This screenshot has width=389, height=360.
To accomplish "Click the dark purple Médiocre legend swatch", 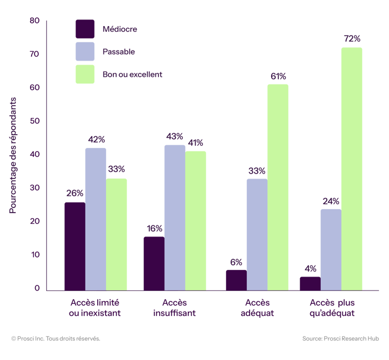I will [x=85, y=29].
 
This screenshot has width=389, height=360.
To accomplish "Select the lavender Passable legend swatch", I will [x=85, y=52].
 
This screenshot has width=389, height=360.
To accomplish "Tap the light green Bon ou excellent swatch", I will [x=85, y=74].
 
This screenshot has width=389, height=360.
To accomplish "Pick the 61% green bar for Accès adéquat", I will [x=278, y=187].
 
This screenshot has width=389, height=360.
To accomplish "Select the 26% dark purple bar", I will [x=75, y=246].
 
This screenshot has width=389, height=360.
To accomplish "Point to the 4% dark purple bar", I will [x=310, y=283].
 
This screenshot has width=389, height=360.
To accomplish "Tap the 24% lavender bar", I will [x=331, y=249].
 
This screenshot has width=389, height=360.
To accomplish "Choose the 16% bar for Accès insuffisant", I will [x=154, y=263].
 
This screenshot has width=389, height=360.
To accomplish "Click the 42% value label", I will [x=96, y=139].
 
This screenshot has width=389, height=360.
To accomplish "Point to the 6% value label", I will [x=236, y=262].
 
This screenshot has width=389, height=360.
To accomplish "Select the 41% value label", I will [x=196, y=142].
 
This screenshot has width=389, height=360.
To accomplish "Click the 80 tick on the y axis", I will [x=35, y=21].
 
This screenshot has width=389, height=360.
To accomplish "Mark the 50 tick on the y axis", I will [x=35, y=121].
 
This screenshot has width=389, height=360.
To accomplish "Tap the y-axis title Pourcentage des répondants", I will [x=13, y=155].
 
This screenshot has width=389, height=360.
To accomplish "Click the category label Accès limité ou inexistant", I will [x=95, y=307].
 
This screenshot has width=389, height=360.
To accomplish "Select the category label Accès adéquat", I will [x=258, y=307].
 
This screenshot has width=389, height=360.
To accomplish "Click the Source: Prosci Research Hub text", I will [x=340, y=338].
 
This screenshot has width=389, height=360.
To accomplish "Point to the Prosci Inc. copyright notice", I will [x=56, y=338].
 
